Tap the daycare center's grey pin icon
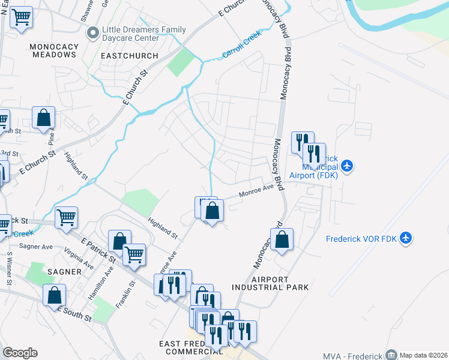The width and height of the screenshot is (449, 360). click(92, 33)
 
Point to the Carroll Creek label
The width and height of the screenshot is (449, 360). click(243, 46)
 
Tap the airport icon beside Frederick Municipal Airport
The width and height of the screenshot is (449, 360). click(348, 165)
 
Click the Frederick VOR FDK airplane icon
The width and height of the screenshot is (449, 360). click(406, 238)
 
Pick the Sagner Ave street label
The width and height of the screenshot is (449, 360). click(37, 246)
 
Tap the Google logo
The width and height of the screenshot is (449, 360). click(20, 353)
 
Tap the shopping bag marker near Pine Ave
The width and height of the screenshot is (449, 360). click(44, 118)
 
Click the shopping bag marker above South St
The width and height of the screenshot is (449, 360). click(54, 295)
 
